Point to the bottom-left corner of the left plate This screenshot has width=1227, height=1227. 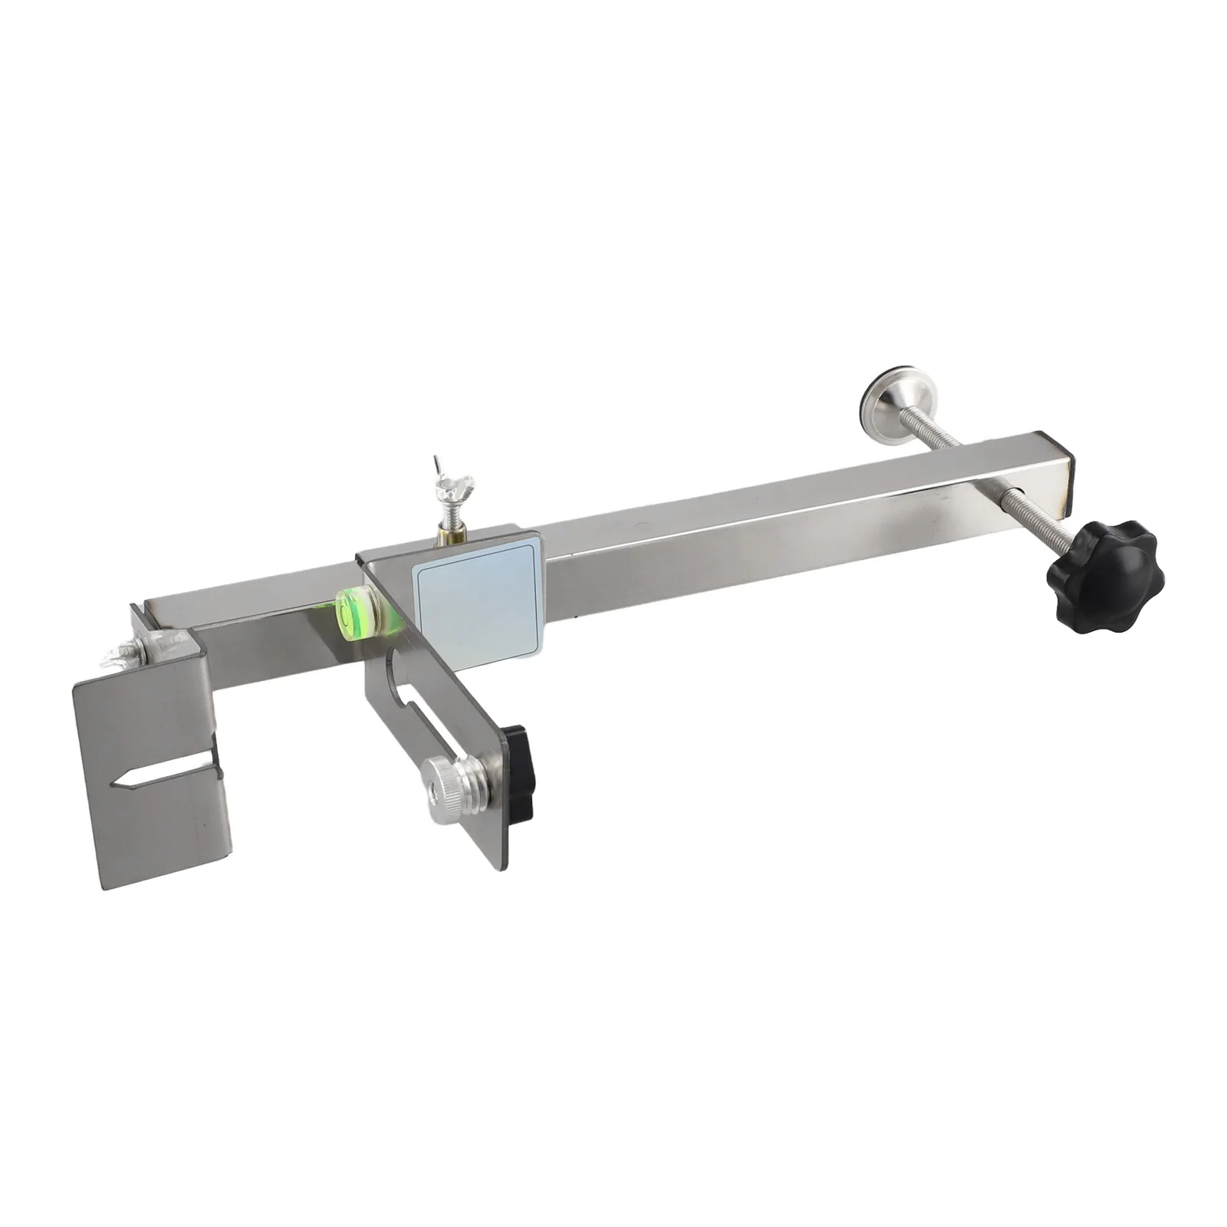point(104,887)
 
